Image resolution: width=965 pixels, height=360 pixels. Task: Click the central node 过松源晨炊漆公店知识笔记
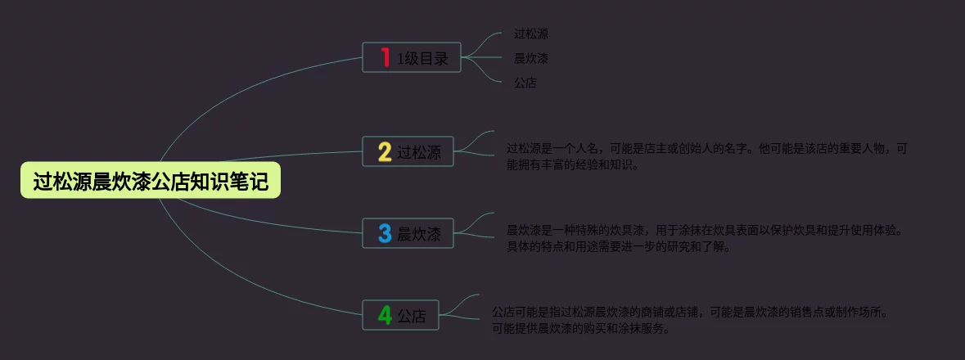[151, 181]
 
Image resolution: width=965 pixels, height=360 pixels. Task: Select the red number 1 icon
[385, 57]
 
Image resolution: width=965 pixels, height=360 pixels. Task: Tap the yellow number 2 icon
[385, 151]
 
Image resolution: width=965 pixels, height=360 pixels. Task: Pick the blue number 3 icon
[385, 234]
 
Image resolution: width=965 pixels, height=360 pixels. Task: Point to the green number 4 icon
[385, 315]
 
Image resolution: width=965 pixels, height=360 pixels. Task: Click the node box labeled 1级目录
[412, 57]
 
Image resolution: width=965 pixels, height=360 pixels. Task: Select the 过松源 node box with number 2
[408, 151]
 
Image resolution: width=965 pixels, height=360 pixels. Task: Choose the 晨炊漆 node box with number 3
[408, 234]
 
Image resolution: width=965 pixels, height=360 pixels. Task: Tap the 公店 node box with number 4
[401, 315]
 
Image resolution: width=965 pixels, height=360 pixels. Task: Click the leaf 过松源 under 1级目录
[530, 34]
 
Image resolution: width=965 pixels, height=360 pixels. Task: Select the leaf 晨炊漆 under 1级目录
[530, 58]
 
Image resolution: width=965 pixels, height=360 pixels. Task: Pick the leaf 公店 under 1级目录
[525, 83]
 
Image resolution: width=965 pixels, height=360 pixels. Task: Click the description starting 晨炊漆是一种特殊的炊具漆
[705, 230]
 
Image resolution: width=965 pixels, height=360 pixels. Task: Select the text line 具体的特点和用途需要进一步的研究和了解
[618, 246]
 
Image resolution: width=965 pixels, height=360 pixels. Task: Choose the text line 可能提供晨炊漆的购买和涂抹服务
[580, 329]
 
